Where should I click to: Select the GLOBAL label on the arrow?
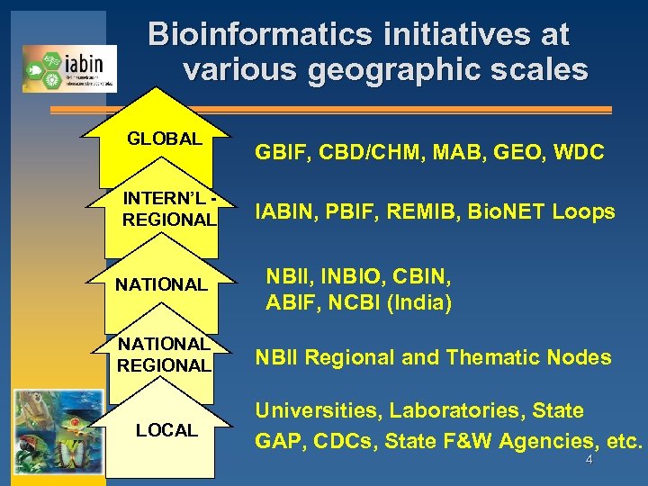pos(164,139)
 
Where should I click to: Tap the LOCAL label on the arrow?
pos(166,431)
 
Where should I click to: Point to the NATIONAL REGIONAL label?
pos(164,355)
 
